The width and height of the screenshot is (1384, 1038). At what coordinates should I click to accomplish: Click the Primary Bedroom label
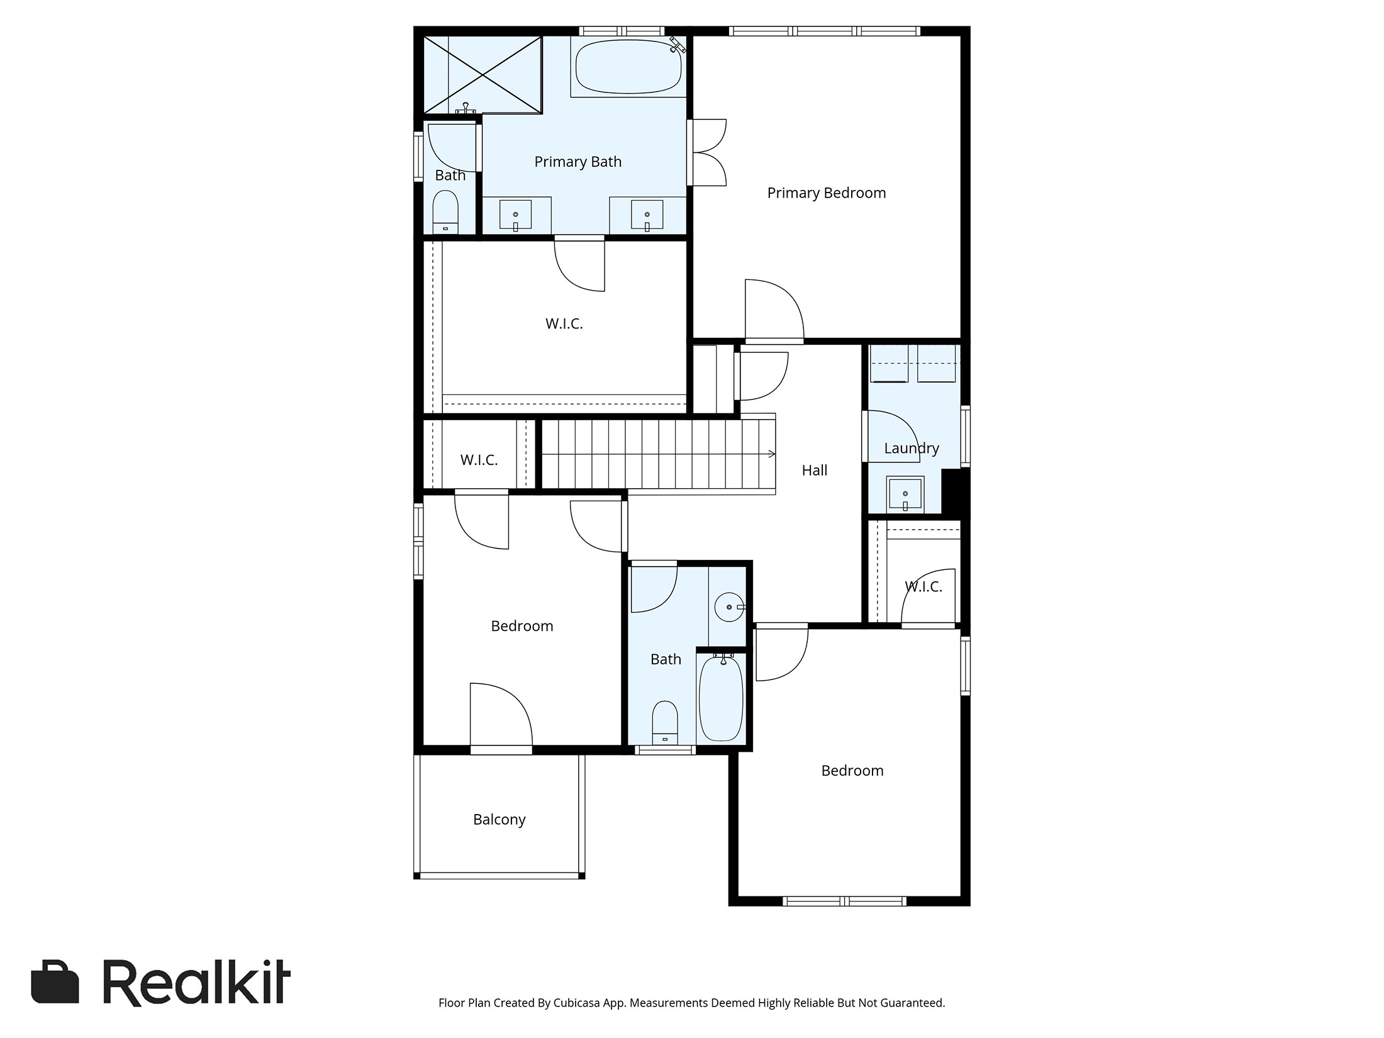coord(826,193)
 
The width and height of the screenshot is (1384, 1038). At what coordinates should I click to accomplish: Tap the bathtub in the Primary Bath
coord(628,67)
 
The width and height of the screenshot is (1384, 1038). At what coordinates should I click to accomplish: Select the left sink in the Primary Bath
coord(515,215)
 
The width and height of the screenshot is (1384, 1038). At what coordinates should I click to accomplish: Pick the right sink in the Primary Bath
coord(647,215)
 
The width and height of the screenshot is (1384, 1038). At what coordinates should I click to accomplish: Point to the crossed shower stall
coord(483,75)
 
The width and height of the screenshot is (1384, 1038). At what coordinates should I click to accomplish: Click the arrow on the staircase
coord(771,454)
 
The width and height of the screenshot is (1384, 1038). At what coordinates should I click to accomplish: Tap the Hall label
coord(814,471)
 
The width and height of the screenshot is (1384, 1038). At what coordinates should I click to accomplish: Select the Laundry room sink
coord(905,494)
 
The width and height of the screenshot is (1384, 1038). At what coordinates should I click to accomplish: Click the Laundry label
coord(911,449)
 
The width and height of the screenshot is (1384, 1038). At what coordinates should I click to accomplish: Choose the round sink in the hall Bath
coord(729,607)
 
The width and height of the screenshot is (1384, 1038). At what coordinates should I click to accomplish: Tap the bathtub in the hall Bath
coord(721,699)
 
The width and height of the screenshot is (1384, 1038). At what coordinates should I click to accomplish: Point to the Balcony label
coord(499,820)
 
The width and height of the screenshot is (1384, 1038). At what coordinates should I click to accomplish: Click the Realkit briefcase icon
coord(55,982)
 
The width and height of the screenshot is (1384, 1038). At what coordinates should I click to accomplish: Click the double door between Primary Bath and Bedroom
coord(708,153)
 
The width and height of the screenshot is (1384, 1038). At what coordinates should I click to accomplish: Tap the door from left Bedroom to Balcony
coord(501,717)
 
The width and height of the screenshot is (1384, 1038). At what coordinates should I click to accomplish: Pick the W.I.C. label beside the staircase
coord(479,460)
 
